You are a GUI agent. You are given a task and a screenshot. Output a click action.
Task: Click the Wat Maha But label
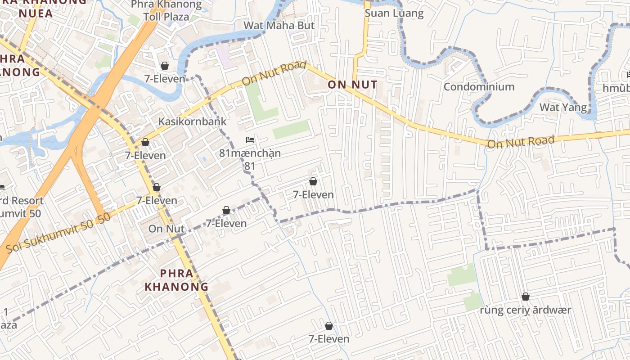pyautogui.click(x=279, y=26)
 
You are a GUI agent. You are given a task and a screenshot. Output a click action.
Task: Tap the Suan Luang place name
pyautogui.click(x=394, y=13)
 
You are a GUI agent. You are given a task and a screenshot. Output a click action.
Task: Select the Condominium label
pyautogui.click(x=479, y=86)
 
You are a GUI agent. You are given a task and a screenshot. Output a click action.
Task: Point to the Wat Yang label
pyautogui.click(x=563, y=107)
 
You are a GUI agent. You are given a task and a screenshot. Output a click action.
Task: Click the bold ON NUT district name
pyautogui.click(x=352, y=85)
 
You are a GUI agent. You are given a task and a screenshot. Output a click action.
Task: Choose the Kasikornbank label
pyautogui.click(x=192, y=121)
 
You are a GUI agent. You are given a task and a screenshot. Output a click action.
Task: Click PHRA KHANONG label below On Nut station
pyautogui.click(x=176, y=280)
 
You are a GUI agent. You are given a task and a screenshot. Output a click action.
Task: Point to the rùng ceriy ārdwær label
pyautogui.click(x=525, y=310)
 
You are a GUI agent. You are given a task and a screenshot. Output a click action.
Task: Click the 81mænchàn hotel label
pyautogui.click(x=250, y=153)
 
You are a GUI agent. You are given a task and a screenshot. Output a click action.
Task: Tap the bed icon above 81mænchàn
pyautogui.click(x=250, y=140)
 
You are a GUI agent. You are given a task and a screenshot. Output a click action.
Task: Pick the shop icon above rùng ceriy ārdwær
pyautogui.click(x=525, y=297)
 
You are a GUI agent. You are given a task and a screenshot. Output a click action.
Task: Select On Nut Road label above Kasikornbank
pyautogui.click(x=270, y=74)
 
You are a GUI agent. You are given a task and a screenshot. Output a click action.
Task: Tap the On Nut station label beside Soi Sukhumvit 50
pyautogui.click(x=166, y=229)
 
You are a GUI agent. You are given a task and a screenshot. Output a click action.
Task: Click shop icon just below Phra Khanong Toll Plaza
pyautogui.click(x=165, y=66)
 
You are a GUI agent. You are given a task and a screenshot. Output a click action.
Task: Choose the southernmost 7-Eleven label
pyautogui.click(x=329, y=339)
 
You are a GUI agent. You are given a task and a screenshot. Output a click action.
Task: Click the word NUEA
pyautogui.click(x=36, y=13)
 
